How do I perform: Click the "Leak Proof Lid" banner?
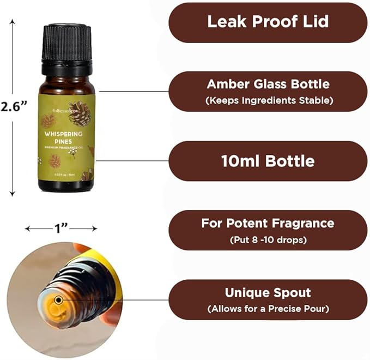268,22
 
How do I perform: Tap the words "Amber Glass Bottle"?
268,85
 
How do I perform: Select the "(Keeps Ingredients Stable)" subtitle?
268,100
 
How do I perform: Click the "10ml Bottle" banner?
268,161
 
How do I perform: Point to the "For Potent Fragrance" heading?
268,223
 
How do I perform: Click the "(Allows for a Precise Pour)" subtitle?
268,309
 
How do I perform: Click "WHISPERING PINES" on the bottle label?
64,136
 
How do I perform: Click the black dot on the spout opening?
58,299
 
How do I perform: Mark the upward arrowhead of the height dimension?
13,23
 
